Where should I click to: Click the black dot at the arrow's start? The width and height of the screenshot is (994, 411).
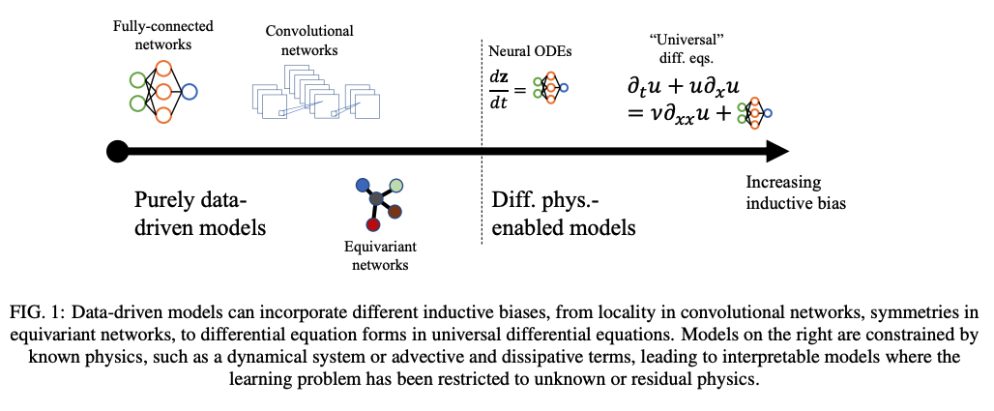(117, 151)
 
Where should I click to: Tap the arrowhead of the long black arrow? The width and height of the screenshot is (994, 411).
(777, 151)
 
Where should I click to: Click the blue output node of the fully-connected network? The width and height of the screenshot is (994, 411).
(190, 92)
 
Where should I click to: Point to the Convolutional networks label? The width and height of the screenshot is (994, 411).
(309, 40)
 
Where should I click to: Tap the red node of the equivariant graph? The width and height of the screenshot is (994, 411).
(372, 225)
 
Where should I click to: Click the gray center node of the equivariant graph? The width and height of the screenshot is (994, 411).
(376, 199)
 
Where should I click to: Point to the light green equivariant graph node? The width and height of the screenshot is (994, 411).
(395, 185)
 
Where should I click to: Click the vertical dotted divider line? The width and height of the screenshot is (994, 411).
(482, 145)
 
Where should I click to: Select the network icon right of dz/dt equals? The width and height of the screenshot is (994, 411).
(551, 88)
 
